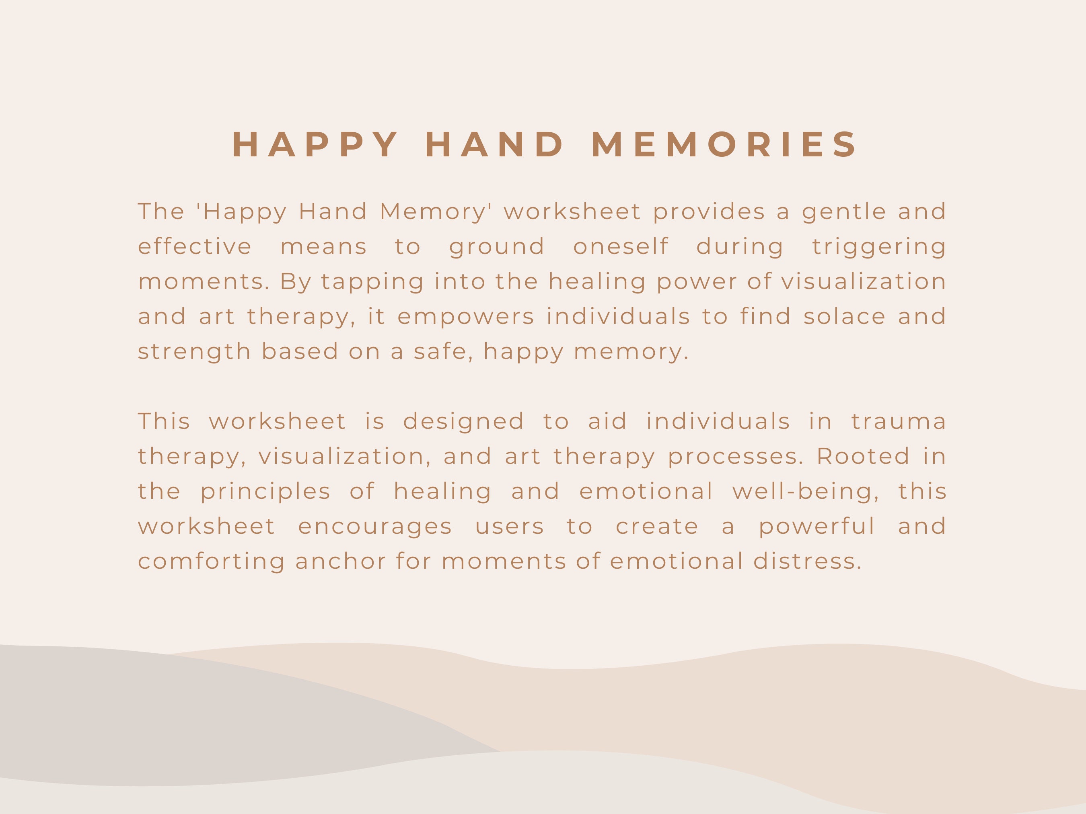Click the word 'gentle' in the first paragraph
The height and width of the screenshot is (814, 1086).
(844, 212)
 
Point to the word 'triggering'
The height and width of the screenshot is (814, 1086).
(879, 247)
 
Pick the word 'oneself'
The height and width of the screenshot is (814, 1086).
(621, 246)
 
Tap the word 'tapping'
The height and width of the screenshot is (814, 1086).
(372, 282)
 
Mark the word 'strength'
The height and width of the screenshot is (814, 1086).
(194, 352)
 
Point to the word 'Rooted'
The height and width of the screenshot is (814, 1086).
(863, 456)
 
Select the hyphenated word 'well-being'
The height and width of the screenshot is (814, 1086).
(806, 492)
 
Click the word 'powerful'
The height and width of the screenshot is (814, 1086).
(817, 527)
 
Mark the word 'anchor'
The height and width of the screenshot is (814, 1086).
(340, 561)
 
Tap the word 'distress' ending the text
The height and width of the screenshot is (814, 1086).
(807, 561)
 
